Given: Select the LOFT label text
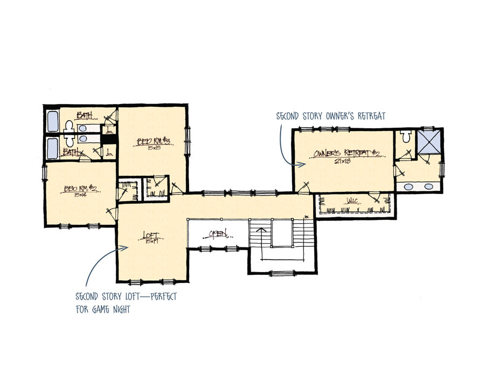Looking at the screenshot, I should pos(150,236).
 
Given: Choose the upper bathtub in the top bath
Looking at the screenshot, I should pos(54,122).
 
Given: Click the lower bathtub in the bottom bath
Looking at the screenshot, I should pos(53,147).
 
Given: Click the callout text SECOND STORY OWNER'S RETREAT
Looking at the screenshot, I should pos(330,116).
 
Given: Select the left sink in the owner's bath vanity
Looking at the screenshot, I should pos(408,186).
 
